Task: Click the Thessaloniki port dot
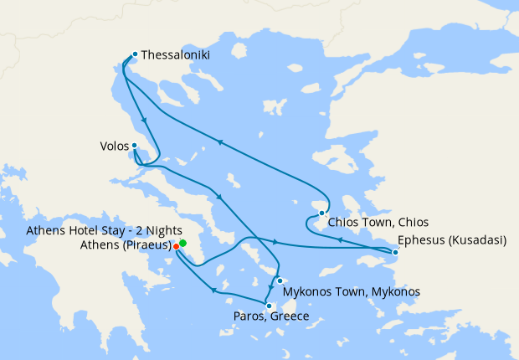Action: coord(134,54)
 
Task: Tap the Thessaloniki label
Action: coord(176,55)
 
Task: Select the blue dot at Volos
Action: coord(134,146)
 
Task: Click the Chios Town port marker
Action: coord(321,213)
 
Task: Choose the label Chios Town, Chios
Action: coord(378,223)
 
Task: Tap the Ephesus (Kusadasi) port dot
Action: coord(396,251)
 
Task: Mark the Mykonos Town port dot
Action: coord(279,281)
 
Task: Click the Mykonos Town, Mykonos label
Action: coord(352,291)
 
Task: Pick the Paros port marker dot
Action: coord(268,305)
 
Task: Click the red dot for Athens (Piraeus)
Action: coord(176,247)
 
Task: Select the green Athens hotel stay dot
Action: coord(182,243)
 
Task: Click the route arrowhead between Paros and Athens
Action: coord(213,291)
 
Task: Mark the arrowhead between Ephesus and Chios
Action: coord(339,239)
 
